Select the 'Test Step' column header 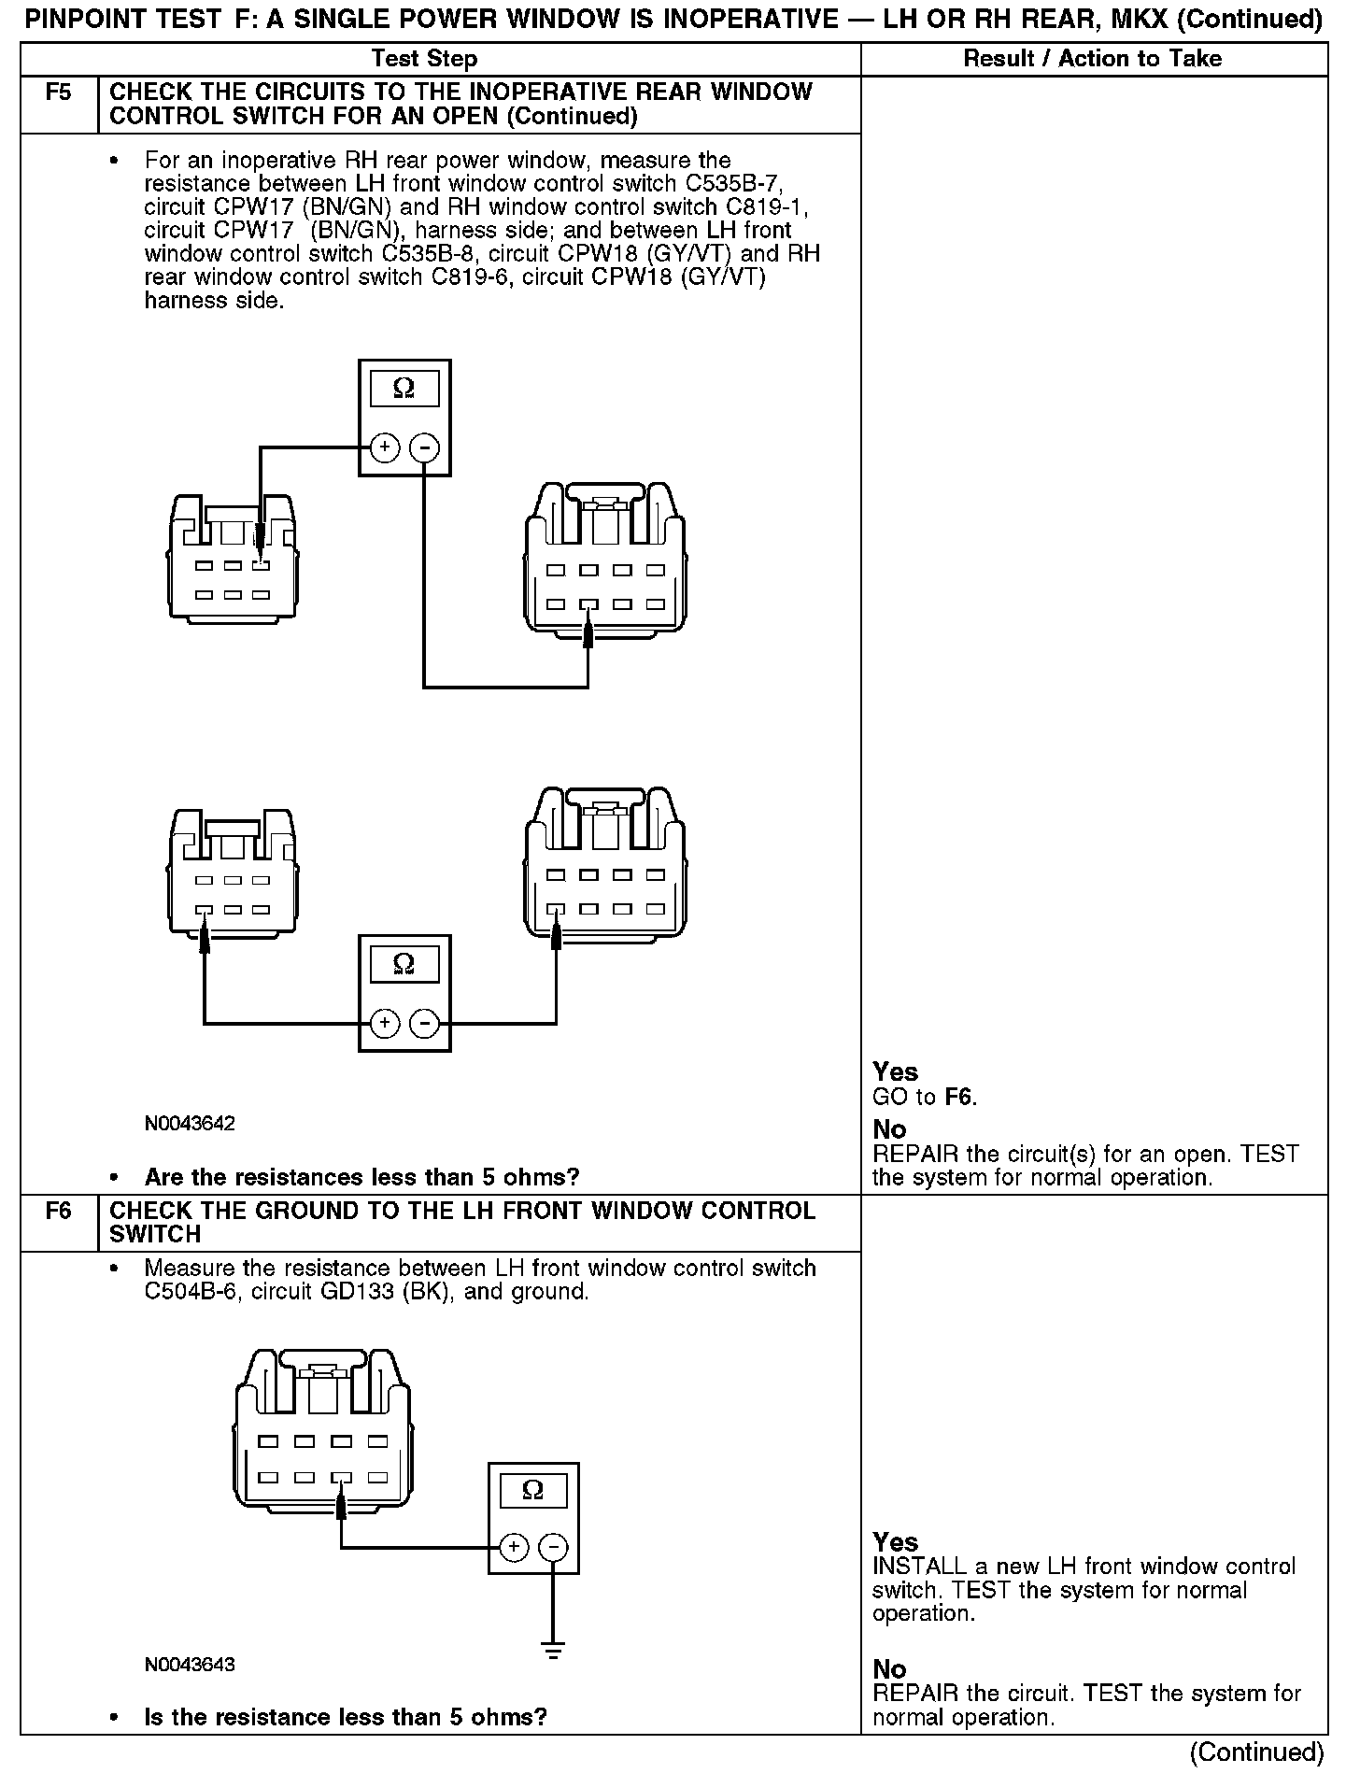[424, 59]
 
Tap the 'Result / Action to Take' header [1092, 59]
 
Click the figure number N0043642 [190, 1123]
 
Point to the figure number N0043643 [190, 1665]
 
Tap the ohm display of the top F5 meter [404, 388]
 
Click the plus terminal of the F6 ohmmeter [513, 1548]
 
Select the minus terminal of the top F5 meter [425, 448]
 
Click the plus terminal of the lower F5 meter [384, 1024]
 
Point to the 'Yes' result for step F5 [895, 1071]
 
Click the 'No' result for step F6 [889, 1669]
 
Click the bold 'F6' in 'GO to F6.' [959, 1097]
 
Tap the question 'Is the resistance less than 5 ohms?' [346, 1717]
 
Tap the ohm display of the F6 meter [533, 1489]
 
